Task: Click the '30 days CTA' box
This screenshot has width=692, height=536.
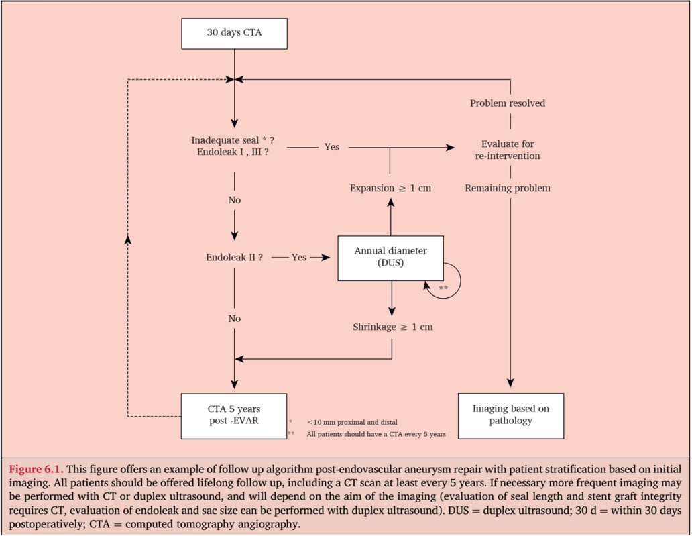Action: pos(234,34)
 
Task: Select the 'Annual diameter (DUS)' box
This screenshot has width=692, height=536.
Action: pos(390,258)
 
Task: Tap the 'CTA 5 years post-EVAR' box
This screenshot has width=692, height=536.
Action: pos(234,416)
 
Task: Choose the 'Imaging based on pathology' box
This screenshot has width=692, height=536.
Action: pos(510,416)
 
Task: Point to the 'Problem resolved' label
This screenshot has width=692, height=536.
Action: pos(508,103)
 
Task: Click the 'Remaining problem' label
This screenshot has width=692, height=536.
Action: pos(508,188)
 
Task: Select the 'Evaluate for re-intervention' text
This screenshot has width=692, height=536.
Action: pos(508,150)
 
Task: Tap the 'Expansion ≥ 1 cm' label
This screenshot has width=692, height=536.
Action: pos(390,188)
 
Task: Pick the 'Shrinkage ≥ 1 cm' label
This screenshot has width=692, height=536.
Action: pos(393,327)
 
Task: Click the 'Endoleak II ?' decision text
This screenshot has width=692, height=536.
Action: pos(234,258)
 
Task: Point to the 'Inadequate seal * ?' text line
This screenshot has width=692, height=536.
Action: pos(233,140)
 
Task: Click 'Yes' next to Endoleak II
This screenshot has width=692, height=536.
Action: pos(299,258)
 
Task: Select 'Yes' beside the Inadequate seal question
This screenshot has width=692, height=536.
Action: pos(332,147)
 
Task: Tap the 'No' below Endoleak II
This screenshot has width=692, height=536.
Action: pos(234,319)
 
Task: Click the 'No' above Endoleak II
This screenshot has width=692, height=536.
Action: pos(234,200)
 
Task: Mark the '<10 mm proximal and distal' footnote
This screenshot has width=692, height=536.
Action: pos(352,422)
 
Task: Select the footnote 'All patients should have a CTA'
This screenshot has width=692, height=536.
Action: pos(376,435)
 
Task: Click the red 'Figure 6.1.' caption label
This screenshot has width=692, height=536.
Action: pos(36,469)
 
